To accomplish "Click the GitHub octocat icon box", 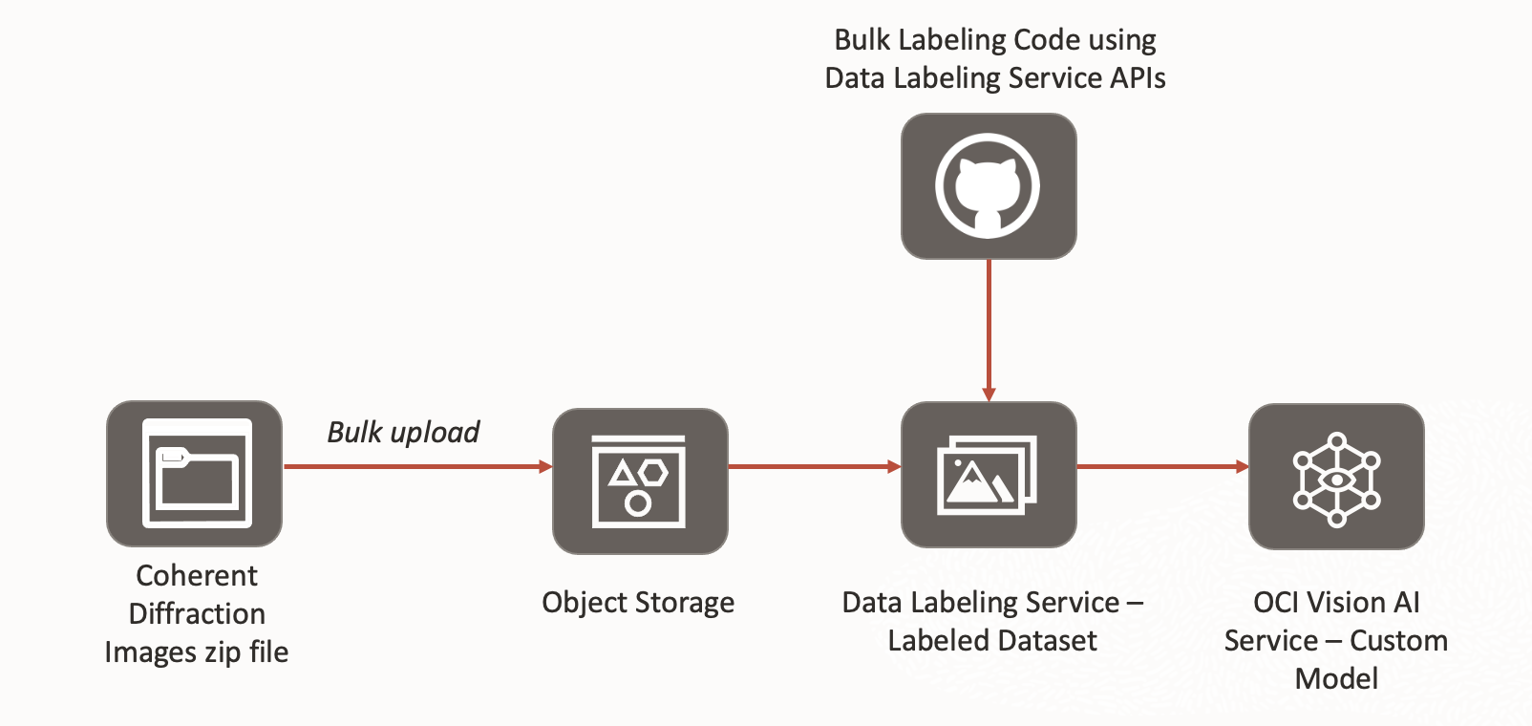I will [x=989, y=186].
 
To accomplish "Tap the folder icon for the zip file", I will [x=196, y=473].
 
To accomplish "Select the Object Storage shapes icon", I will [x=639, y=480].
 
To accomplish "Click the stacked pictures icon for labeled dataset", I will [x=989, y=475].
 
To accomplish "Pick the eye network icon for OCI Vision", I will [x=1336, y=478].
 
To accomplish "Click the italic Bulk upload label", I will [x=403, y=432].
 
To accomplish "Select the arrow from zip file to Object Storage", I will [x=417, y=466].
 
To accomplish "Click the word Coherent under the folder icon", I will [x=197, y=575].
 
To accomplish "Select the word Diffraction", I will [x=197, y=613].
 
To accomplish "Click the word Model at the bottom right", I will [x=1336, y=678].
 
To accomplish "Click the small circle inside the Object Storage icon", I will [x=638, y=502].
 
